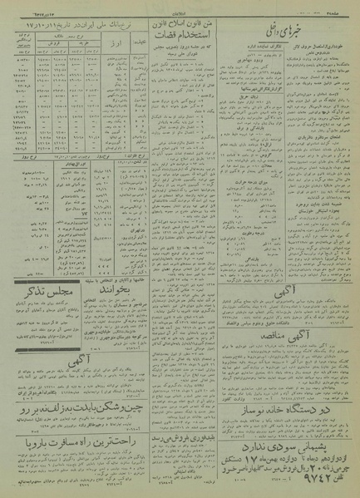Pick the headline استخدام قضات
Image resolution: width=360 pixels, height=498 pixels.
(177, 37)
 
